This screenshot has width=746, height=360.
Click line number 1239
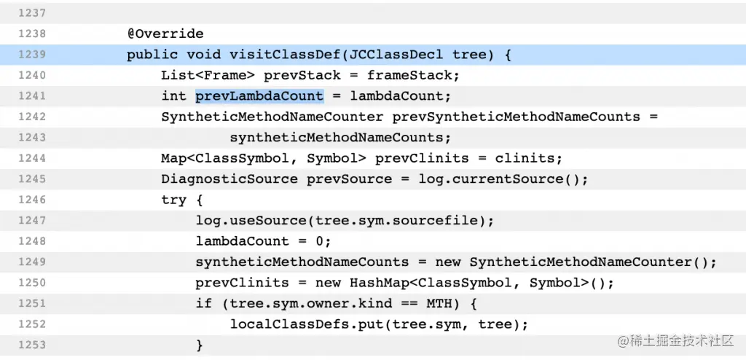(33, 55)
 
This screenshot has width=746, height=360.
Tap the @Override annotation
(165, 34)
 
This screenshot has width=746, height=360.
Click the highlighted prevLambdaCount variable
(259, 96)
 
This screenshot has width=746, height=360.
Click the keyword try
(174, 200)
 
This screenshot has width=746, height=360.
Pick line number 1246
(33, 200)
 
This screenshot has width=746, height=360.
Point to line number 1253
(33, 345)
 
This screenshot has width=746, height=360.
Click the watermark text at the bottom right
(678, 340)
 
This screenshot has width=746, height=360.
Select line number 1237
(33, 13)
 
